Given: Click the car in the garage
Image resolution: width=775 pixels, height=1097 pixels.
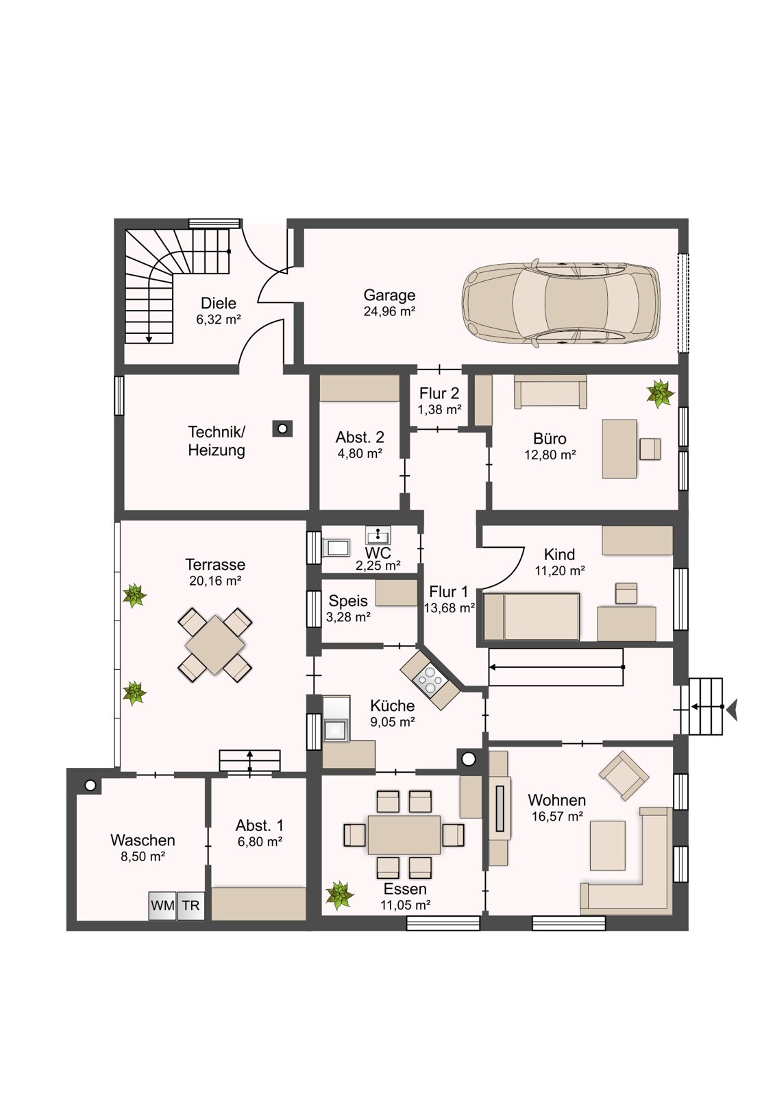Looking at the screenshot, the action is (x=561, y=304).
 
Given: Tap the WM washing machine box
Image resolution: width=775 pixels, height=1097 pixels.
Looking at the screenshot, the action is (x=162, y=905).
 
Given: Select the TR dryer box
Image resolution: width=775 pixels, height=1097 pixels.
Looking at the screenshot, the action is (x=191, y=905).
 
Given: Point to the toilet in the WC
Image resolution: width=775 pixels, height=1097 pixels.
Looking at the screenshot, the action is (x=336, y=548).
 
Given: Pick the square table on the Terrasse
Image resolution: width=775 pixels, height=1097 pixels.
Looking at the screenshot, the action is (x=215, y=644).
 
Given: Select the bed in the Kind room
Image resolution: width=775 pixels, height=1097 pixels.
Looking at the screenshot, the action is (x=531, y=616).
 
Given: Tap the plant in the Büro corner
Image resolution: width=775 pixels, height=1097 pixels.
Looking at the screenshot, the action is (x=661, y=394).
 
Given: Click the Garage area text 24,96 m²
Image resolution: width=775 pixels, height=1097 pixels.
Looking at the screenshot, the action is (x=390, y=311).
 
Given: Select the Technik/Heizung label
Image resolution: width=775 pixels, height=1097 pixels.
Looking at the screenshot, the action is (x=217, y=442).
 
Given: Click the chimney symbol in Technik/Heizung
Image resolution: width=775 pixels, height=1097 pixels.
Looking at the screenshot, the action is (x=282, y=429).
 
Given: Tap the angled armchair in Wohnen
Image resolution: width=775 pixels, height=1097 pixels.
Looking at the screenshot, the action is (x=624, y=775).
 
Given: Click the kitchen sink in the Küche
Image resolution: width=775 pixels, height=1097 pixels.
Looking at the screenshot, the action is (x=336, y=730).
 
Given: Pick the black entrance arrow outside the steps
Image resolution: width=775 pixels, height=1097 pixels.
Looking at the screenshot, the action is (x=732, y=707).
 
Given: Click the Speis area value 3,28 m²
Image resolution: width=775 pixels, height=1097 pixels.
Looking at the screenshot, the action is (x=348, y=617).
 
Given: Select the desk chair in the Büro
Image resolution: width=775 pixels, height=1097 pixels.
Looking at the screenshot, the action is (x=650, y=448).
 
